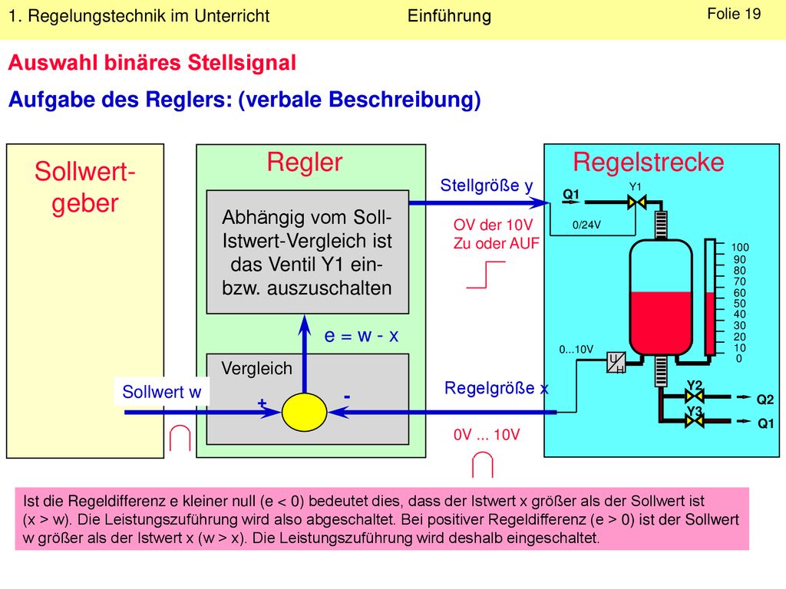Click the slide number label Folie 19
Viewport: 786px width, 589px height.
coord(734,14)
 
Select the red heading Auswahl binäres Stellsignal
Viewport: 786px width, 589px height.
coord(152,63)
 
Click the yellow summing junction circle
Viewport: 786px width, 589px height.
coord(304,412)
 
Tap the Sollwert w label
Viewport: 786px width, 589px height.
coord(161,392)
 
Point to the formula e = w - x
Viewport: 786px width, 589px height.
coord(362,336)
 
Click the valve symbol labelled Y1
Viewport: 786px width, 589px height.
coord(636,202)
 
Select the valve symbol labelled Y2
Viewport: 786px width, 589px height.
coord(694,397)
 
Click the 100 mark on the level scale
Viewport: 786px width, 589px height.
coord(740,248)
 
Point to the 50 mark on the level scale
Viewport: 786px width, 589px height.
coord(739,304)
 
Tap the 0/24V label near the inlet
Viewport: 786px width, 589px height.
coord(586,225)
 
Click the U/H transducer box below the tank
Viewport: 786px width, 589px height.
coord(616,362)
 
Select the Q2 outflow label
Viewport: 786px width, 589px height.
coord(765,399)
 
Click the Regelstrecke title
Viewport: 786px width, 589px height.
coord(648,163)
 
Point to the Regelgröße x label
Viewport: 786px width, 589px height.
coord(497,388)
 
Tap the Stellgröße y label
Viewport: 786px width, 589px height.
coord(486,186)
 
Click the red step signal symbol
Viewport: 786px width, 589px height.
coord(486,275)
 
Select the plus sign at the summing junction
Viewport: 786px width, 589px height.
coord(262,403)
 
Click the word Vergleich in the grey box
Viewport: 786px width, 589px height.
coord(256,369)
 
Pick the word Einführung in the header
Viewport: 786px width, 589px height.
coord(449,16)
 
